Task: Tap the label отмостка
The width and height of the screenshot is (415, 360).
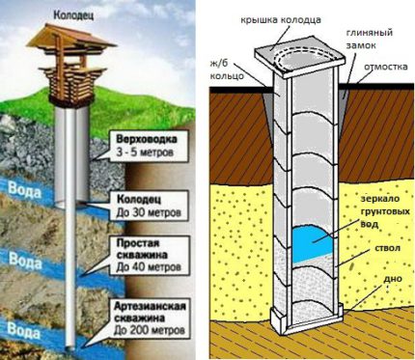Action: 387,69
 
